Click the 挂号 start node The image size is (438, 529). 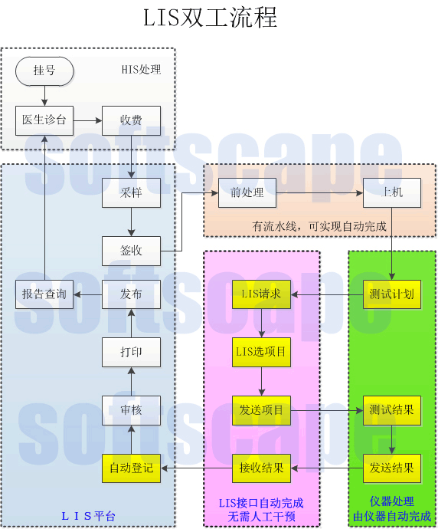tap(44, 71)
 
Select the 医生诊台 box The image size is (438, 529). tap(44, 120)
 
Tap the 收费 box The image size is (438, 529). tap(131, 120)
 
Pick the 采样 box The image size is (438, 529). tap(131, 192)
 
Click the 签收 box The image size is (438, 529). tap(131, 251)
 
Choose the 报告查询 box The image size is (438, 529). tap(44, 294)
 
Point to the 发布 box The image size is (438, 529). tap(131, 294)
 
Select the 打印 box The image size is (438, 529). tap(131, 352)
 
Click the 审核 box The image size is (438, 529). tap(131, 410)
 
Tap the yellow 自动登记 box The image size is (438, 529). tap(131, 468)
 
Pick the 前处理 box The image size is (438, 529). tap(247, 192)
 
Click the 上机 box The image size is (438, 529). tap(392, 192)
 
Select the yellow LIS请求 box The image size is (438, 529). tap(261, 294)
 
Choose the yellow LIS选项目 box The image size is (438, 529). tap(261, 352)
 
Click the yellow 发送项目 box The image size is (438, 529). tap(261, 410)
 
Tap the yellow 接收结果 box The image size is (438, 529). tap(261, 468)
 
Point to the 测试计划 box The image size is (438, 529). tap(392, 294)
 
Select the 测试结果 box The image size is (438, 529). tap(392, 410)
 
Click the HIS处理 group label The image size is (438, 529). tap(142, 70)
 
